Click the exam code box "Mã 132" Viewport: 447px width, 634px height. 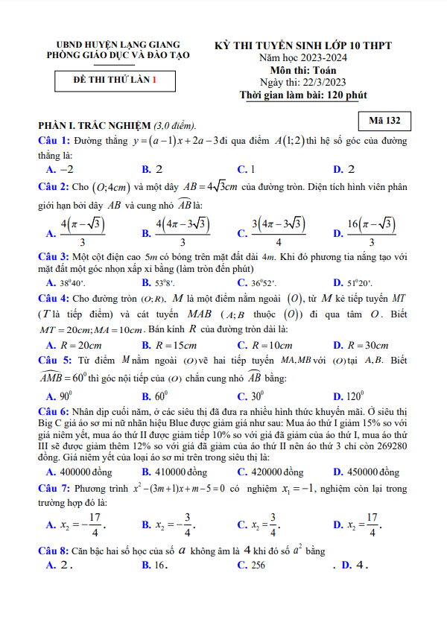point(384,120)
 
